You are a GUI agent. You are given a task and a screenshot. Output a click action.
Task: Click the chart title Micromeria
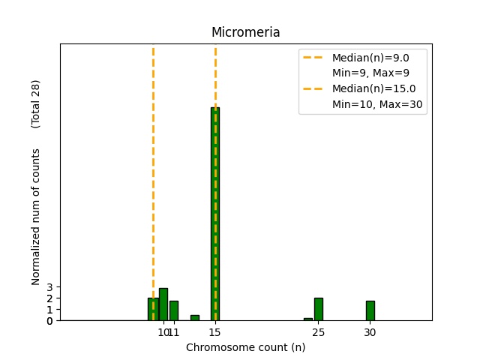pos(245,32)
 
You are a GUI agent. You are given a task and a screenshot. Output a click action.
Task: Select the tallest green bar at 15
pos(215,214)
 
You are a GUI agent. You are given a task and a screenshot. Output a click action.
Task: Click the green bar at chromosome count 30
pos(370,310)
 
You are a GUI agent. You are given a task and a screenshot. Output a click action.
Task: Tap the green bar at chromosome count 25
pos(319,309)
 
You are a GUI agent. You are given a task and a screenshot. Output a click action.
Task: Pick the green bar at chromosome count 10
pos(163,304)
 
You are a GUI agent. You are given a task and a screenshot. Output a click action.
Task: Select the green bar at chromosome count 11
pos(174,310)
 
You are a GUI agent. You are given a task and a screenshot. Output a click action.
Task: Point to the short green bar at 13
pos(195,318)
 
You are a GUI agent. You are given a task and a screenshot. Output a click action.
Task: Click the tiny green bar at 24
pos(308,319)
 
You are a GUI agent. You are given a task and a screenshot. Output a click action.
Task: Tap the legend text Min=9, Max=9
pos(369,73)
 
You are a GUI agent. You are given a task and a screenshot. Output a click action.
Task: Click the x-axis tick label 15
pos(215,332)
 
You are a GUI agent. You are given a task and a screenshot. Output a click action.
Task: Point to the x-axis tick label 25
pos(319,332)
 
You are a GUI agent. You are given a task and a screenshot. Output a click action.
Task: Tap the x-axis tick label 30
pos(370,332)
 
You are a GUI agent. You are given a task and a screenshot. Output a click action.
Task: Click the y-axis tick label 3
pos(49,287)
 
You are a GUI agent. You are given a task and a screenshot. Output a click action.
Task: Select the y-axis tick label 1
pos(49,310)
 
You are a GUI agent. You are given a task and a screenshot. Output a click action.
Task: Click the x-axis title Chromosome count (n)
pos(245,347)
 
